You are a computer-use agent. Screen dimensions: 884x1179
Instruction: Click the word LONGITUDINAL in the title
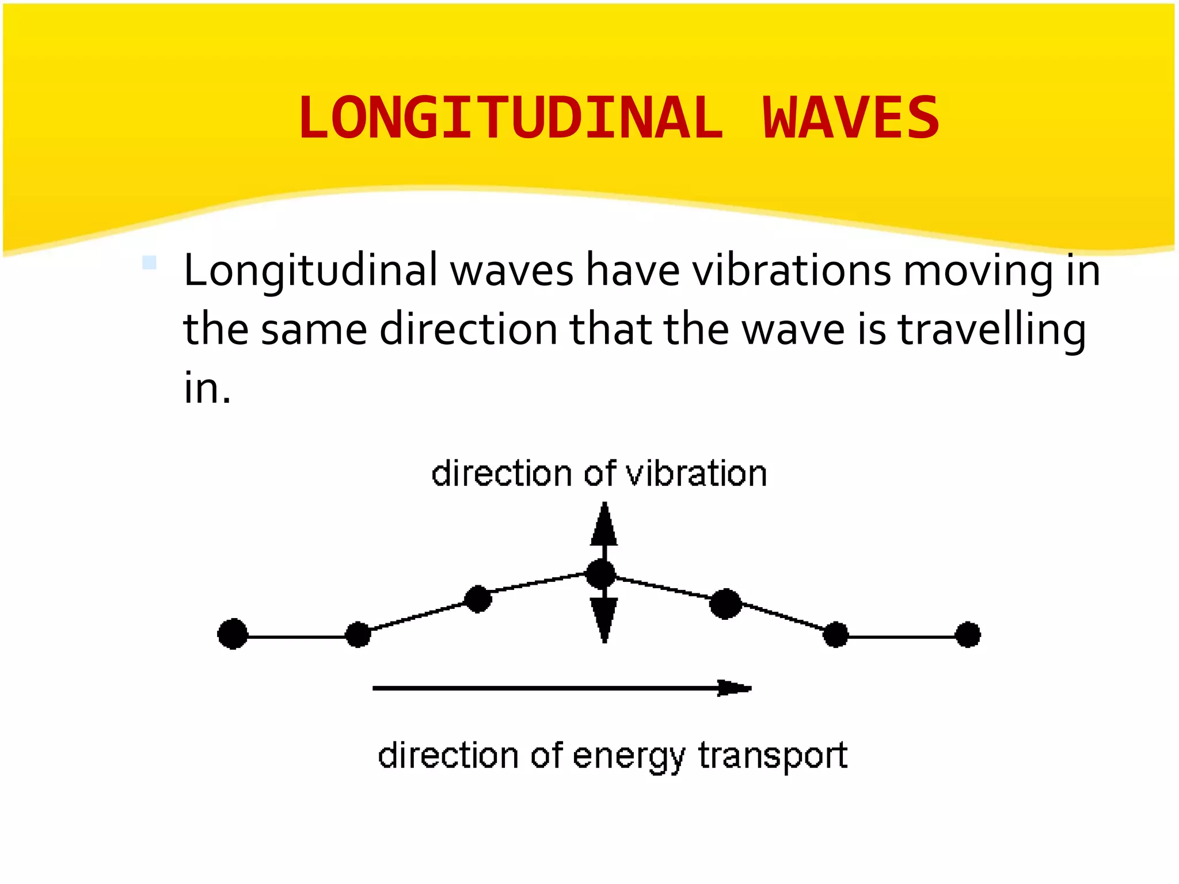[x=510, y=119]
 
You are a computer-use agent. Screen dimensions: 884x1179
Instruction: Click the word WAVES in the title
[x=851, y=119]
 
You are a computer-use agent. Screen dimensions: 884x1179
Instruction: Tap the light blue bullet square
[x=149, y=262]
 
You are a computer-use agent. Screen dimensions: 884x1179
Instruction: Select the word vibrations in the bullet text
[x=792, y=270]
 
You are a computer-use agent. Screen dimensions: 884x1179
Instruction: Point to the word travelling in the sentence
[x=991, y=330]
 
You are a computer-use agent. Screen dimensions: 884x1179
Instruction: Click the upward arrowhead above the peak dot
[x=604, y=525]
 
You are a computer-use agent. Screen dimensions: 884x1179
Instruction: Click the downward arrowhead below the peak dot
[x=604, y=619]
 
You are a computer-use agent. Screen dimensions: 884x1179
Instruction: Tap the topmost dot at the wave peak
[x=600, y=574]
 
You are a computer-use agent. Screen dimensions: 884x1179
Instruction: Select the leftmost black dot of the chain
[x=233, y=634]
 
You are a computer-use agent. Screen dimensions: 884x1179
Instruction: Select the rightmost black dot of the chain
[x=968, y=634]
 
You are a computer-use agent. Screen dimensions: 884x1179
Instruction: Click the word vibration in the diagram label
[x=696, y=474]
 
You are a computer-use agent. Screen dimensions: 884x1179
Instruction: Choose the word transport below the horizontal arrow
[x=773, y=756]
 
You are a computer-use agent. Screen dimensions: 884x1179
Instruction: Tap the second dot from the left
[x=358, y=634]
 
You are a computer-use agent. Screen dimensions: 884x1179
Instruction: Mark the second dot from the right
[x=836, y=634]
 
